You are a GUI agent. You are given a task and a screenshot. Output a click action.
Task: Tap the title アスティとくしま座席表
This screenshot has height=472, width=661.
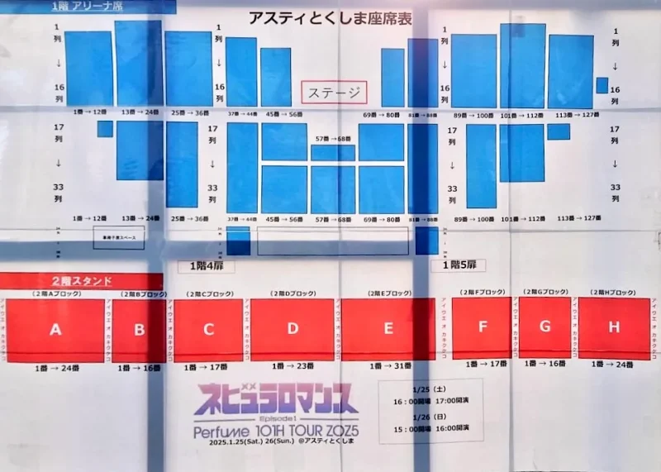(330, 18)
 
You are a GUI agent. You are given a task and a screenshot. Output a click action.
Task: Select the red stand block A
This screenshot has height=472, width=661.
(55, 329)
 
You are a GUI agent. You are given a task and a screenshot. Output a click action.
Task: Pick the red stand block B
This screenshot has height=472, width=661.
(139, 329)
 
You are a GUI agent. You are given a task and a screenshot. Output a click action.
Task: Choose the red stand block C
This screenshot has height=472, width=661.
(208, 329)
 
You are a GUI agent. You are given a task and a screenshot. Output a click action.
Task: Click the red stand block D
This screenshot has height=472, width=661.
(292, 329)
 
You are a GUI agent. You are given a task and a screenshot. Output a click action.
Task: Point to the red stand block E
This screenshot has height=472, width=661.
(388, 329)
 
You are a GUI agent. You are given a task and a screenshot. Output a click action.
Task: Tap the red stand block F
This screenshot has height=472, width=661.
(482, 327)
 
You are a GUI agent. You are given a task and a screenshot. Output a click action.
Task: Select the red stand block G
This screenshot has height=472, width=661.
(544, 327)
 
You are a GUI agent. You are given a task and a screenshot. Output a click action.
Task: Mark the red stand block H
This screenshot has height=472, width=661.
(614, 327)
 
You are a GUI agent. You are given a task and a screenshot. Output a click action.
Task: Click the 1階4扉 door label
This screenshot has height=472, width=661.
(201, 266)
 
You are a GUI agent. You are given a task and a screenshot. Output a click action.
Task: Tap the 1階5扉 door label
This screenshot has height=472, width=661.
(459, 265)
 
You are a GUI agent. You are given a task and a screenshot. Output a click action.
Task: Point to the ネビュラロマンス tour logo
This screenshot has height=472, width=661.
(276, 400)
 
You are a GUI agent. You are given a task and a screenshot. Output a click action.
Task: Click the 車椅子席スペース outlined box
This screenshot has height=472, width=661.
(119, 237)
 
